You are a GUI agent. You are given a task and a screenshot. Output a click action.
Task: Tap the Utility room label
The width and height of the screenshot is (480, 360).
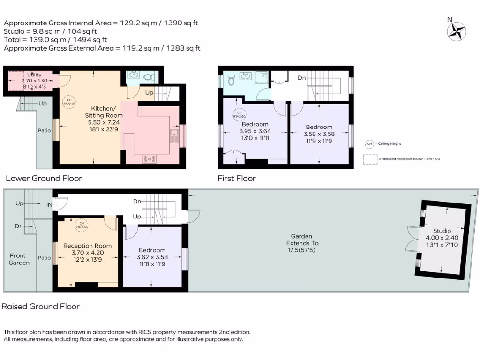[x=34, y=75]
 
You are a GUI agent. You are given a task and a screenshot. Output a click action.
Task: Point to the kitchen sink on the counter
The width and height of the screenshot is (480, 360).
[x=174, y=137]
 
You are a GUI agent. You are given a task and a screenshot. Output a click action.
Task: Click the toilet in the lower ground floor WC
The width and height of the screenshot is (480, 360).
[x=149, y=77]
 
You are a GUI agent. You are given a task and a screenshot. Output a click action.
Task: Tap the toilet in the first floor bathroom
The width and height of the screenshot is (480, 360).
[x=231, y=81]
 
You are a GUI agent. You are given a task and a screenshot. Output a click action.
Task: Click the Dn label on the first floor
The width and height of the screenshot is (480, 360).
[x=302, y=78]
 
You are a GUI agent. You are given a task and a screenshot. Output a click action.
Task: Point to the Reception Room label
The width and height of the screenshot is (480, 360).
[x=88, y=246]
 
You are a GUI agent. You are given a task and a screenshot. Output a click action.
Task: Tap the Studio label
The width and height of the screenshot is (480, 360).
[x=442, y=231]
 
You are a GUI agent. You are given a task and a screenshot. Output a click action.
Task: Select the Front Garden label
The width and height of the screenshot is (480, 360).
[x=20, y=259]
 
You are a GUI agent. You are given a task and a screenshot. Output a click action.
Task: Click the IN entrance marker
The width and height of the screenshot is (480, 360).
[x=49, y=204]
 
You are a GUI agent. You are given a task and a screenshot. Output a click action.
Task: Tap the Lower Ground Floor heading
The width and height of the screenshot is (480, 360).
[x=44, y=178]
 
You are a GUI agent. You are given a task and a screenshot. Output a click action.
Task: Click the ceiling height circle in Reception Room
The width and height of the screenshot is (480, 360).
[x=82, y=225]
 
